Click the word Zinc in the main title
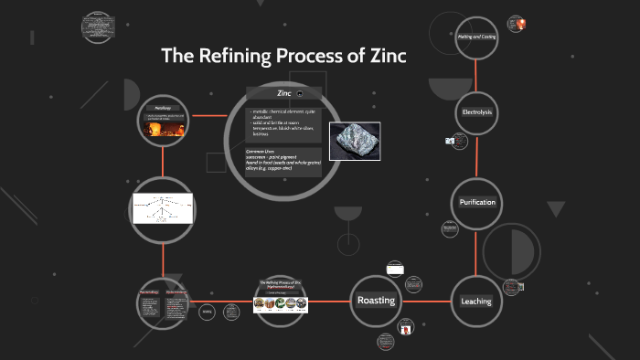(385, 56)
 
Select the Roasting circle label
(376, 301)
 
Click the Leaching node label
(476, 301)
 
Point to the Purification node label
(476, 202)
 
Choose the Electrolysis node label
(476, 111)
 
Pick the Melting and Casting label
(476, 37)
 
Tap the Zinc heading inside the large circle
(283, 93)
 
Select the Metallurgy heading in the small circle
(164, 108)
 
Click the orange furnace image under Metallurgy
(164, 131)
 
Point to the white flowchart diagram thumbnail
(165, 209)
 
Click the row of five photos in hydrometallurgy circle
(281, 304)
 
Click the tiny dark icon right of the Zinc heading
(313, 94)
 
